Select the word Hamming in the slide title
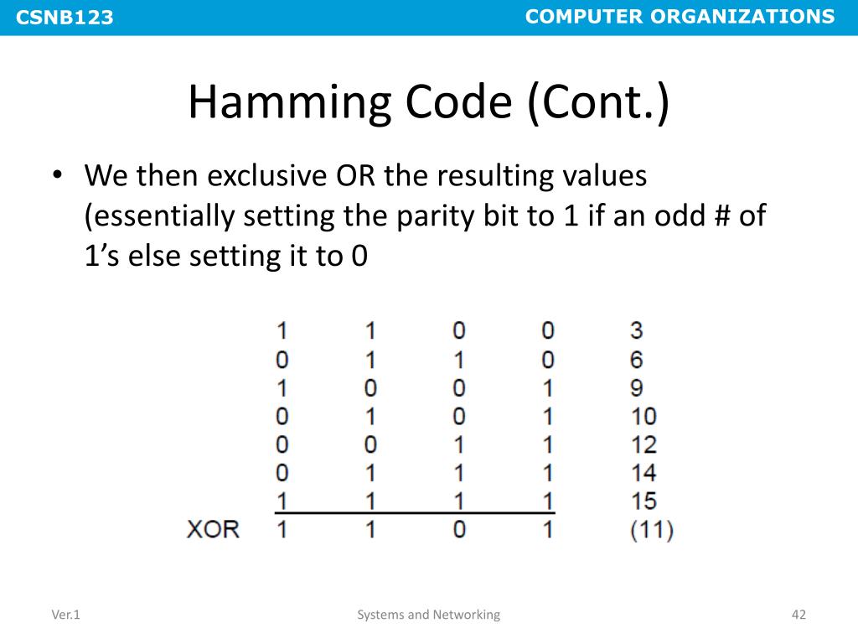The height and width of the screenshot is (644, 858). point(285,102)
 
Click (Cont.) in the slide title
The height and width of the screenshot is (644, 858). point(598,102)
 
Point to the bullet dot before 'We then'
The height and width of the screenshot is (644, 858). point(57,177)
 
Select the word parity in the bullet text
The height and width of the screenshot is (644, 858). point(429,216)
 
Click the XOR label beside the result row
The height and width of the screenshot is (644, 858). point(213,530)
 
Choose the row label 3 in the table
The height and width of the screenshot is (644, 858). point(637,330)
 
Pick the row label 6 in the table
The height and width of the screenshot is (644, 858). point(637,360)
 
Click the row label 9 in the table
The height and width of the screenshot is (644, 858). point(637,388)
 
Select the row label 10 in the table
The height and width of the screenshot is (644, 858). point(643,416)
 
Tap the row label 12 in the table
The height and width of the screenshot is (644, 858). point(643,444)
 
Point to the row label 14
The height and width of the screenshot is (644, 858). point(643,472)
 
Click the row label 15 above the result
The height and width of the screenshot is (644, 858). point(643,501)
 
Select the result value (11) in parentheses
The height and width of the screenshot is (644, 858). point(652,530)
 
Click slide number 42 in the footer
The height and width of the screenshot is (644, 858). point(798,615)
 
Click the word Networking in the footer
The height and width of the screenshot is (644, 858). point(467,615)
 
